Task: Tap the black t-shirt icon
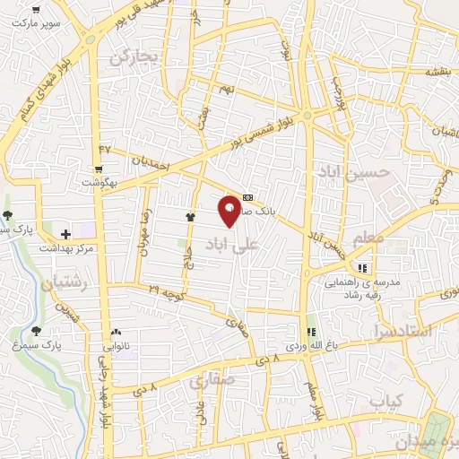click(190, 217)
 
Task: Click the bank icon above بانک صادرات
click(248, 197)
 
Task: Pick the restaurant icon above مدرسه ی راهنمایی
click(363, 268)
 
